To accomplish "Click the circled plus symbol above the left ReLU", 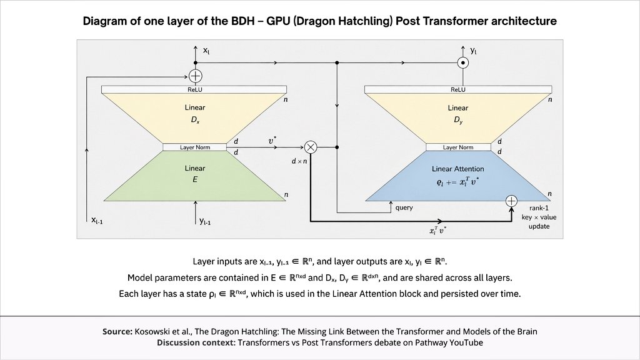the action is [196, 76].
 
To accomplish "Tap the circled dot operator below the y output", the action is [463, 63].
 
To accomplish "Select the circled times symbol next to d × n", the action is [311, 147].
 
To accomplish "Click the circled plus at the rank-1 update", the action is [511, 201].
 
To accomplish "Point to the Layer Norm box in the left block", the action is [195, 147].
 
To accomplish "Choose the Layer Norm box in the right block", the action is [458, 147].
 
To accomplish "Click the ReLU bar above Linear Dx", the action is [194, 89].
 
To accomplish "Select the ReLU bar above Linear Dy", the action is [458, 89].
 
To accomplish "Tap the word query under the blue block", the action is [404, 207].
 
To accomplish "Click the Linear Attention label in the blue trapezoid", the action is [458, 169].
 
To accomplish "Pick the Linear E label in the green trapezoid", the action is [195, 174].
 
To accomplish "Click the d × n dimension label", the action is [299, 161].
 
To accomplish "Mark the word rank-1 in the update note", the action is [539, 208].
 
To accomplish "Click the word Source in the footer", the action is [117, 331].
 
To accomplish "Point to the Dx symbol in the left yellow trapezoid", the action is [196, 121].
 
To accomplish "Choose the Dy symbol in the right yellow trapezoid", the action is [458, 121].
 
